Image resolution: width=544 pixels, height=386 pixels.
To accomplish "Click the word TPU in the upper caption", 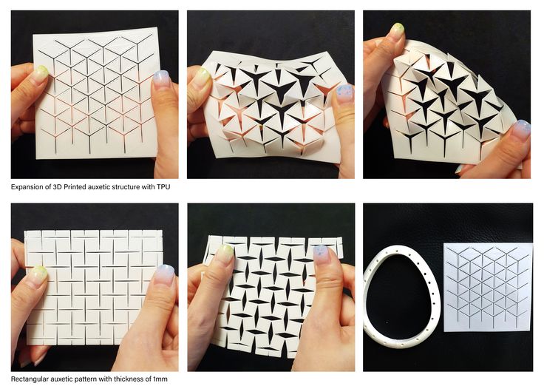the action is tap(163, 187).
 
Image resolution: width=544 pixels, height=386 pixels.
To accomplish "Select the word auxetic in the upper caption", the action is tap(99, 187).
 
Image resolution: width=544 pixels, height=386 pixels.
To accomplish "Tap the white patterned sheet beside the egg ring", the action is tap(488, 287).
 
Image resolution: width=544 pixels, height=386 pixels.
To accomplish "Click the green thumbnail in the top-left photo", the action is tap(40, 75).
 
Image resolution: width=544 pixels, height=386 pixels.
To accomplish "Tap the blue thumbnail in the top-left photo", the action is tap(161, 80).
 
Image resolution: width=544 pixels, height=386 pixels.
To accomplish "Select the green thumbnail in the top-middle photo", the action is tap(203, 78).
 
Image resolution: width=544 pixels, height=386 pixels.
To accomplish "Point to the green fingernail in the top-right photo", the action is tap(397, 31).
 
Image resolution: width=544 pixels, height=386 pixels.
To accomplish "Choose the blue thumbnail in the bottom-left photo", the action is tap(164, 274).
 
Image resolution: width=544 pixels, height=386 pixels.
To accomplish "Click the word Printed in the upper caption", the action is tap(75, 187).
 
